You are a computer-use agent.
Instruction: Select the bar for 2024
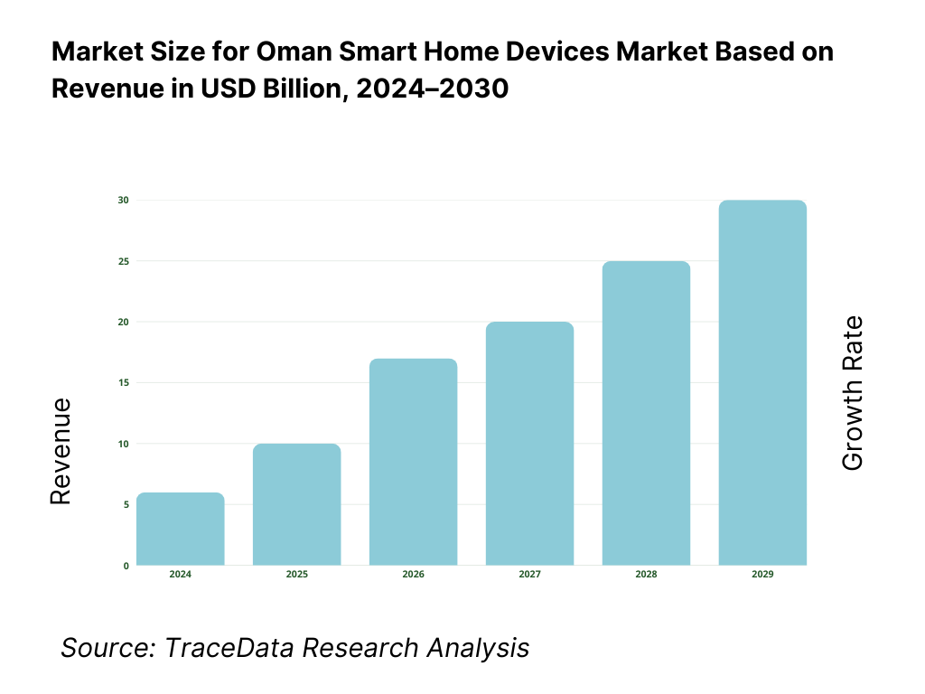coord(181,530)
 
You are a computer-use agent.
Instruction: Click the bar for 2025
coord(297,505)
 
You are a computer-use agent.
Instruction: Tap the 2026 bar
coord(414,463)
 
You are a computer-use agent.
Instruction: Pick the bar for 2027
coord(530,444)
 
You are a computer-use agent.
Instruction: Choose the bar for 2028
coord(647,414)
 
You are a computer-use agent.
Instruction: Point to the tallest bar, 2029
coord(763,383)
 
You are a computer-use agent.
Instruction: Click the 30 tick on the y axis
coord(123,200)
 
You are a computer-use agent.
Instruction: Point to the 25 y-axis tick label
coord(123,261)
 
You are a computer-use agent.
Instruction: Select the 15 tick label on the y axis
coord(123,383)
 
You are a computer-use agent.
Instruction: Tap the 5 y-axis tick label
coord(126,504)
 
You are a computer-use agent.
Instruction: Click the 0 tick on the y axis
coord(126,566)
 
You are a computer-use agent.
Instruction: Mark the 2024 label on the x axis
coord(181,575)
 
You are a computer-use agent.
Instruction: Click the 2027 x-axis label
coord(530,575)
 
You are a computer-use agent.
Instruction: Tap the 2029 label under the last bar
coord(763,575)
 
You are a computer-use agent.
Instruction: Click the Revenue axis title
coord(61,452)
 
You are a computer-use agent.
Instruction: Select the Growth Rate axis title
coord(853,393)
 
